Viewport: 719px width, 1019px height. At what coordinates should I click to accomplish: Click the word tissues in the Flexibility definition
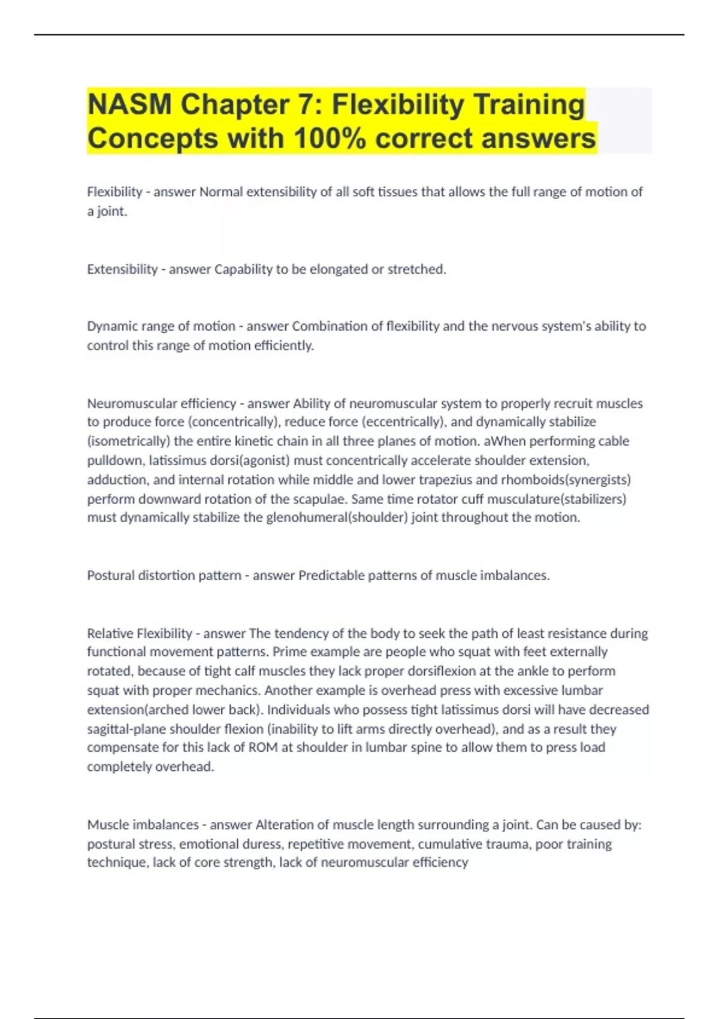[394, 192]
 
